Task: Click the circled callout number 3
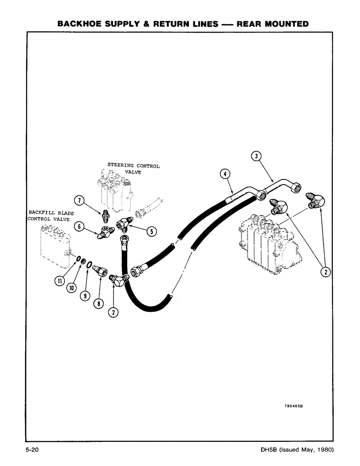point(256,156)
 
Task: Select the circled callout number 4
point(225,174)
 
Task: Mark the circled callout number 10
point(71,288)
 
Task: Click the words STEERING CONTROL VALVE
point(133,168)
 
